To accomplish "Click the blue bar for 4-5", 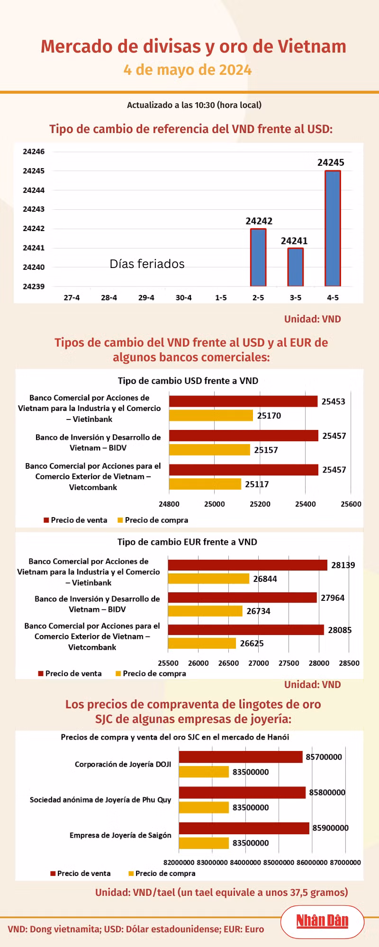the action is pyautogui.click(x=333, y=228).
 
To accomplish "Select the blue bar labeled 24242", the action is pyautogui.click(x=258, y=258).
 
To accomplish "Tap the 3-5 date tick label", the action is pyautogui.click(x=296, y=298).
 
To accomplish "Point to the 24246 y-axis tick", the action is pyautogui.click(x=34, y=152).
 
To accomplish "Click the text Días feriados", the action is pyautogui.click(x=147, y=264).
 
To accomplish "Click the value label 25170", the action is pyautogui.click(x=269, y=416).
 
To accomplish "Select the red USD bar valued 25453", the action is pyautogui.click(x=243, y=401).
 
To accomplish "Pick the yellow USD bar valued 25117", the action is pyautogui.click(x=205, y=484).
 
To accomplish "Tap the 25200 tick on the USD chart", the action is pyautogui.click(x=260, y=504).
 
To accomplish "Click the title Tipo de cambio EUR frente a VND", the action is pyautogui.click(x=188, y=542).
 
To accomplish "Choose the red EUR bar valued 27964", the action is pyautogui.click(x=243, y=598).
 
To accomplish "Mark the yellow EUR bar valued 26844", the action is pyautogui.click(x=209, y=579).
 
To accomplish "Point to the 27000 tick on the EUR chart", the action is pyautogui.click(x=259, y=663).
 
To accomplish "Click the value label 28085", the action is pyautogui.click(x=340, y=630).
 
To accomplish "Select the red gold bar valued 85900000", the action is pyautogui.click(x=244, y=828).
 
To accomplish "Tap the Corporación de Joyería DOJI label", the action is pyautogui.click(x=123, y=764).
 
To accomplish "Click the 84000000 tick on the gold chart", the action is pyautogui.click(x=245, y=863).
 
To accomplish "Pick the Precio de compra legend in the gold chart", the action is pyautogui.click(x=162, y=874).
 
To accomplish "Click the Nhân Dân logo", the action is pyautogui.click(x=322, y=921).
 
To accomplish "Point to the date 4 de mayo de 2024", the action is pyautogui.click(x=188, y=70).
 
